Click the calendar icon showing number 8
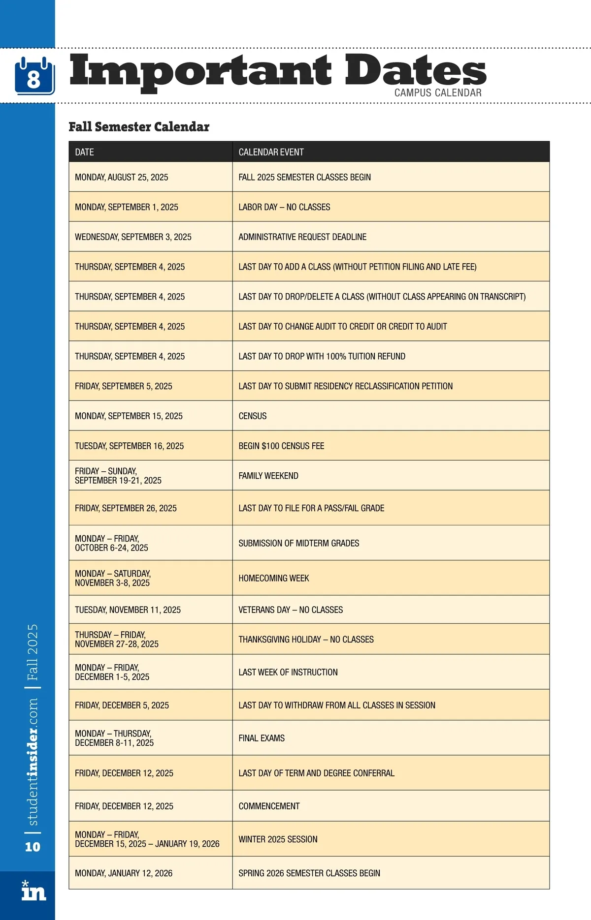click(x=34, y=76)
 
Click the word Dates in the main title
click(x=415, y=70)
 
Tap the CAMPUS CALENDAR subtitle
click(x=438, y=92)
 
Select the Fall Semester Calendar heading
click(x=139, y=127)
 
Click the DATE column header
click(x=85, y=152)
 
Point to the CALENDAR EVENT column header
click(x=271, y=152)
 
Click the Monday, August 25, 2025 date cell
click(x=122, y=177)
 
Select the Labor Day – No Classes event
click(x=284, y=207)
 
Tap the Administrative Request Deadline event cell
click(x=302, y=237)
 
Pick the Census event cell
click(x=253, y=416)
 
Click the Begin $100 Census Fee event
click(x=281, y=446)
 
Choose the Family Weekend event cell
click(x=268, y=476)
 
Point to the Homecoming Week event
click(x=274, y=578)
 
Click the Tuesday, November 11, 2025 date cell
click(x=128, y=610)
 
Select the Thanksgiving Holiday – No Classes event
click(x=306, y=639)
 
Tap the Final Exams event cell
click(x=262, y=738)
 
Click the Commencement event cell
click(x=269, y=806)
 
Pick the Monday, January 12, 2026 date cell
click(x=124, y=873)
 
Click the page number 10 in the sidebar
click(x=33, y=847)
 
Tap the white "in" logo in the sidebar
click(x=33, y=891)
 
